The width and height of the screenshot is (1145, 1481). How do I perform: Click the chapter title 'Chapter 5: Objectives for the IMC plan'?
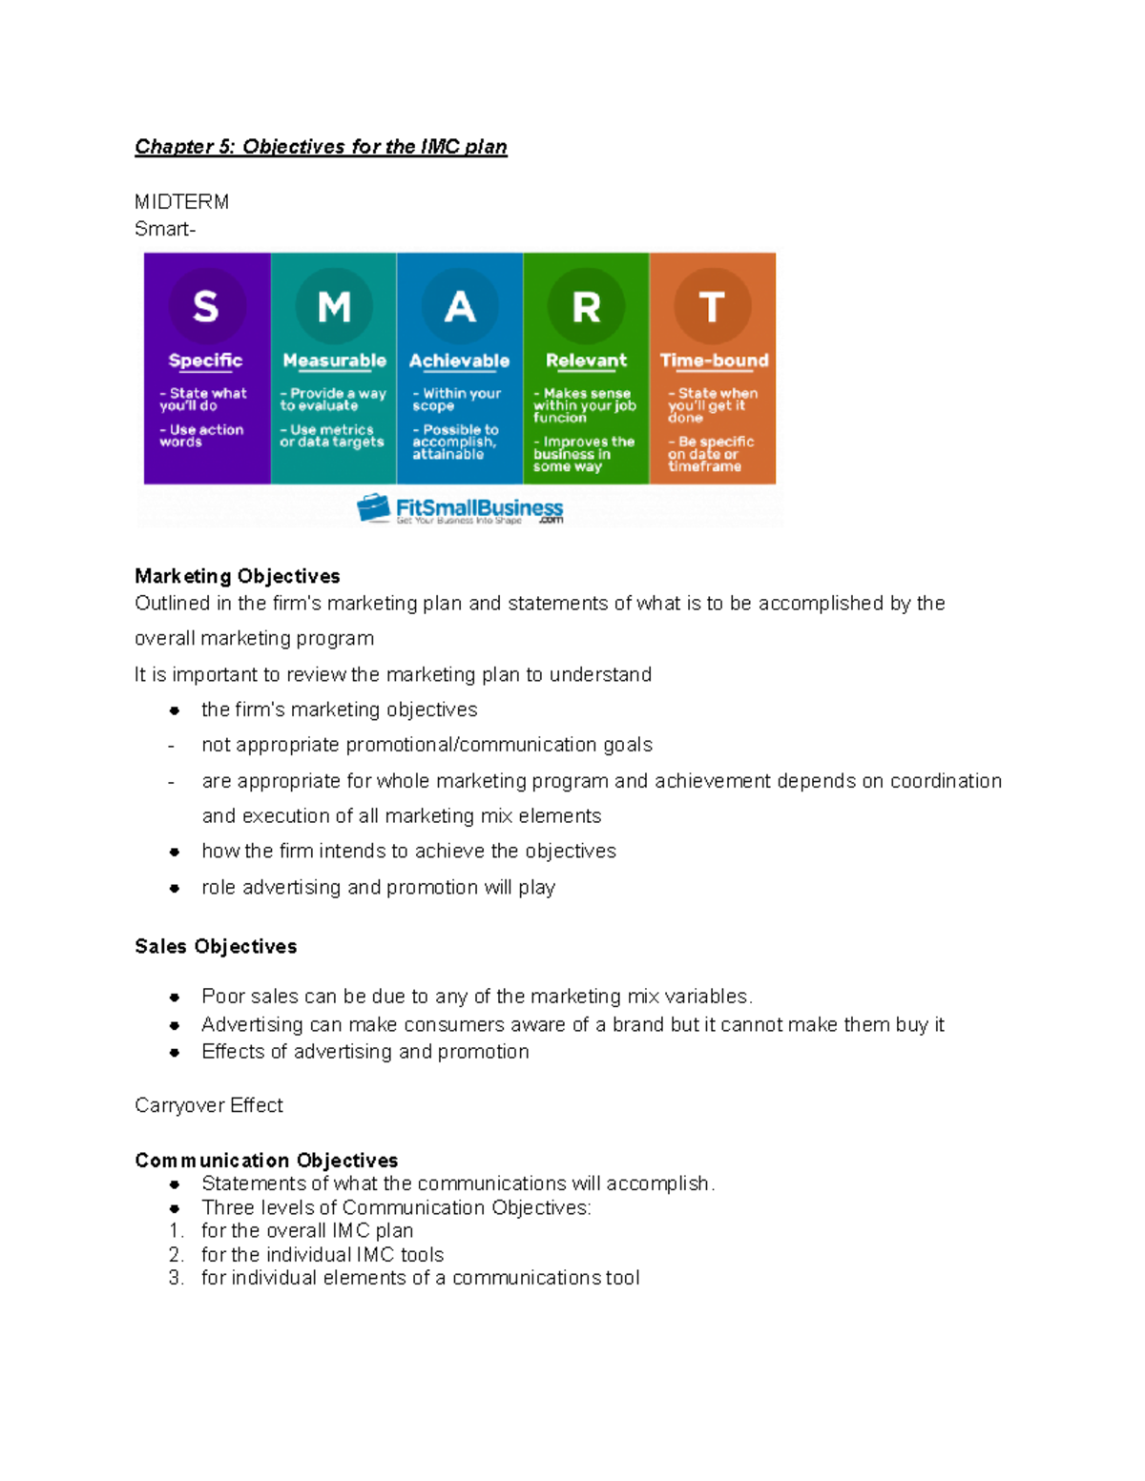pos(321,147)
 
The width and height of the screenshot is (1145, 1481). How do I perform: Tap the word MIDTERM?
pos(181,202)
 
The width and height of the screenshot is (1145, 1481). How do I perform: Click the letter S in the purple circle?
pos(206,307)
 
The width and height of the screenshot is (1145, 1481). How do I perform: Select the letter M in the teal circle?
pos(334,307)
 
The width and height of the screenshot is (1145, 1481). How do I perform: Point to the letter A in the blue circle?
pos(460,307)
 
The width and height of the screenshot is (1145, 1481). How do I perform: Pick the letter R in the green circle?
pos(586,307)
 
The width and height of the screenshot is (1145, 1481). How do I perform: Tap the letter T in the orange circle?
pos(712,307)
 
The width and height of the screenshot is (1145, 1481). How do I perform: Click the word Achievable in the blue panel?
pos(459,361)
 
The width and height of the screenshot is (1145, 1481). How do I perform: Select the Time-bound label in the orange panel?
pos(714,360)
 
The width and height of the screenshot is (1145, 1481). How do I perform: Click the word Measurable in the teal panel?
pos(334,361)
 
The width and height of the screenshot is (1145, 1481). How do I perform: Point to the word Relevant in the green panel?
pos(586,360)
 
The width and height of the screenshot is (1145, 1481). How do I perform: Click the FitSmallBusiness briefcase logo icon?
pos(373,508)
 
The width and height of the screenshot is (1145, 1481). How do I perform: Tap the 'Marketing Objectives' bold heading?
pos(238,576)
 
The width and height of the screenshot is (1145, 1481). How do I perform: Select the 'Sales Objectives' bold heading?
pos(216,946)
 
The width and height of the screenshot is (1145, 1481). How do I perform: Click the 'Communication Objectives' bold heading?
pos(266,1161)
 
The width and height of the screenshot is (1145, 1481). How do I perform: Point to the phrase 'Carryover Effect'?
pos(209,1105)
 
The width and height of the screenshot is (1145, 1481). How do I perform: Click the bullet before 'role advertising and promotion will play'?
pos(175,888)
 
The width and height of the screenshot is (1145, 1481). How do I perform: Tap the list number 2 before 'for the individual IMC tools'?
pos(176,1255)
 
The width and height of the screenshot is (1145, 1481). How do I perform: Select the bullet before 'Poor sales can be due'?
pos(175,998)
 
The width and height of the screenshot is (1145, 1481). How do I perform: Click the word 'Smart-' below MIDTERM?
pos(165,229)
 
